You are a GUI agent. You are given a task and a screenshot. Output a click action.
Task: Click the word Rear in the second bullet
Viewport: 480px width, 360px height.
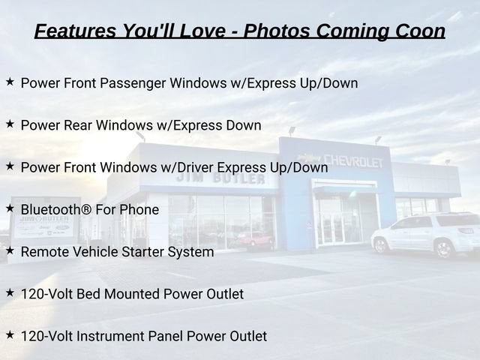point(78,125)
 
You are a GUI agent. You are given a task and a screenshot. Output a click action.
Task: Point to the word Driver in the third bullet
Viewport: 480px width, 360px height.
point(195,167)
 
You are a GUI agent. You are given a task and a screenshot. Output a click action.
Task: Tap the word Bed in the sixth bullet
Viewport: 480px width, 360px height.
point(88,294)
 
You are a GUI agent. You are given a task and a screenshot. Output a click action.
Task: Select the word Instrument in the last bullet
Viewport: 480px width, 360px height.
point(110,336)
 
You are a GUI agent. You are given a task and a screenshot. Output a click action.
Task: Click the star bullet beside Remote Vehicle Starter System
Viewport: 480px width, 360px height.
point(10,250)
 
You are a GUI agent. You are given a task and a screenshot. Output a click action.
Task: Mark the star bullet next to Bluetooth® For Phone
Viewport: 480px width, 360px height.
point(10,208)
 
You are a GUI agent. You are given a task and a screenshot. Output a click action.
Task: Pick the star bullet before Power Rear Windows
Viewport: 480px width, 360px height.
point(10,124)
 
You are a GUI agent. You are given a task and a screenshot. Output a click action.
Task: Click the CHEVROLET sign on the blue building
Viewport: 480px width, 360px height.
point(353,161)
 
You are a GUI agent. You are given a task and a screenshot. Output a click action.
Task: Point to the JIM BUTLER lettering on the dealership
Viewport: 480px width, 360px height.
point(220,178)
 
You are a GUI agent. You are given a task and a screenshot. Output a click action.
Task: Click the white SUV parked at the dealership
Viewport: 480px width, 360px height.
point(425,235)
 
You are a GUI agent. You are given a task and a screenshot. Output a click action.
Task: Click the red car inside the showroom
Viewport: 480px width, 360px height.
point(255,239)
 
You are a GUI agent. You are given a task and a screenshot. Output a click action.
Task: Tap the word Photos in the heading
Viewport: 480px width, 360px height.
point(277,31)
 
